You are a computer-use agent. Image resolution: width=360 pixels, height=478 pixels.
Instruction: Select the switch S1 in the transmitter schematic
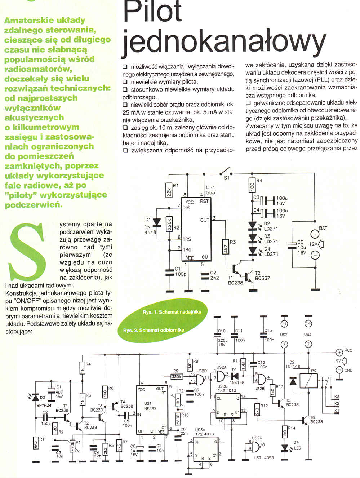(226, 172)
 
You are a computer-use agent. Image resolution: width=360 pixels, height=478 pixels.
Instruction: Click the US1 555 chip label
(210, 190)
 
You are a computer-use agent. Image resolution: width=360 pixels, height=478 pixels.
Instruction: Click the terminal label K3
(337, 397)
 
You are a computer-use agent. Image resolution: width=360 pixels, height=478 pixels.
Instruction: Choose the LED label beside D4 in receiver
(297, 448)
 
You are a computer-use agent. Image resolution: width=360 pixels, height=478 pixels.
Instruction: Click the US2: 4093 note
(264, 457)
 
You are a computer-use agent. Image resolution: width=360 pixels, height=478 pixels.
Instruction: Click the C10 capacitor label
(222, 331)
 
